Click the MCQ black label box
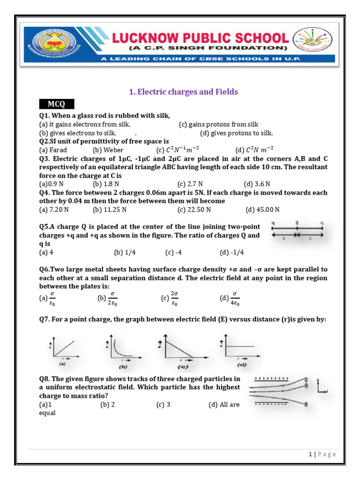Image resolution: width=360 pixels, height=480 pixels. [x=56, y=104]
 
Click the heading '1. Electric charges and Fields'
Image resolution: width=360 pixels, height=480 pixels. [x=183, y=92]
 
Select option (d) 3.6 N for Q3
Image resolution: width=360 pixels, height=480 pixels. [x=257, y=184]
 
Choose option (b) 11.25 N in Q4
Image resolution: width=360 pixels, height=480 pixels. [x=107, y=210]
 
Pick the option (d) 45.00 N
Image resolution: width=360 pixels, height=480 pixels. [x=262, y=210]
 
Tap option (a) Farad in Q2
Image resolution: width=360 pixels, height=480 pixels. [x=53, y=150]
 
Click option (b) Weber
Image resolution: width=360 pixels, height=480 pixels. [x=108, y=150]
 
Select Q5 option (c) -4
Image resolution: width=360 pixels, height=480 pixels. [x=173, y=253]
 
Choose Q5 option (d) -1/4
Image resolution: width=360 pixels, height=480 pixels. [x=232, y=253]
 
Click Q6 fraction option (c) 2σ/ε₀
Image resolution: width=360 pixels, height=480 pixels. [x=169, y=299]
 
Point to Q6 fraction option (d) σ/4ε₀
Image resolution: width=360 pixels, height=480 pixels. [x=230, y=299]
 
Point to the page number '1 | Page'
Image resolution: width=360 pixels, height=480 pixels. [x=322, y=454]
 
